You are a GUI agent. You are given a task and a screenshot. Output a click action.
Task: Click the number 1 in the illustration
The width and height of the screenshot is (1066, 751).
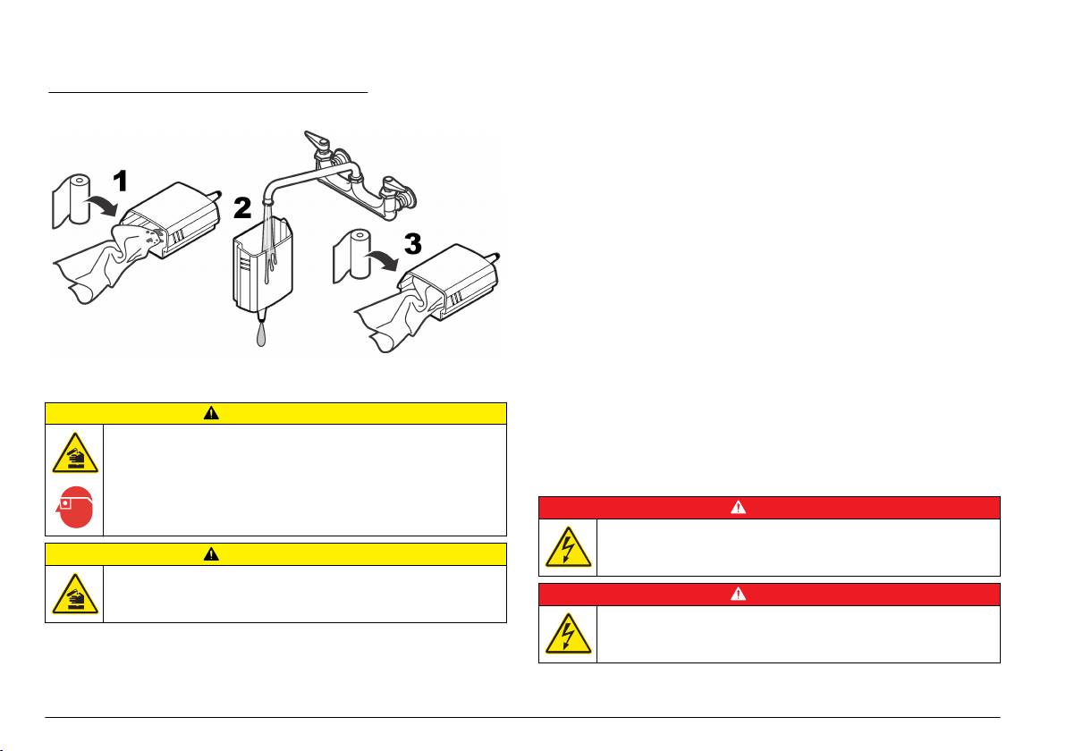(121, 181)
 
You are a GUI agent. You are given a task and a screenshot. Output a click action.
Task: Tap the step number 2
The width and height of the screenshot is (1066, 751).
(242, 208)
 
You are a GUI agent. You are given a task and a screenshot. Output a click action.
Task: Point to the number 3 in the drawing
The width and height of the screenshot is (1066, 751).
(412, 244)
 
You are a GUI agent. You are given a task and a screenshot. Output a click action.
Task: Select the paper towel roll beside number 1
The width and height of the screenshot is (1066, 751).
(72, 201)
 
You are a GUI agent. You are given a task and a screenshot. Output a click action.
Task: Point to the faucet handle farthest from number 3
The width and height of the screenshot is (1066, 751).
(317, 140)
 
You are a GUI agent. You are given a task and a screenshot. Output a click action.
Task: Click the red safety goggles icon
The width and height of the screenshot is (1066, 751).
(74, 507)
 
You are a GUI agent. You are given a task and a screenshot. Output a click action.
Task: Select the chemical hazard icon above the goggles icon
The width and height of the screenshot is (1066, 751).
(75, 453)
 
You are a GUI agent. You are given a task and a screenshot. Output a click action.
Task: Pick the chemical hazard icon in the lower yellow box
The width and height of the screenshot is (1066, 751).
(75, 594)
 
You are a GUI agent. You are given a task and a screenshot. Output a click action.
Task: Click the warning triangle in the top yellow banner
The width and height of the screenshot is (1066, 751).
(211, 413)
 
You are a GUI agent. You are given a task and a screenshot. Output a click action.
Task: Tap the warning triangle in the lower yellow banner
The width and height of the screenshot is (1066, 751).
(211, 554)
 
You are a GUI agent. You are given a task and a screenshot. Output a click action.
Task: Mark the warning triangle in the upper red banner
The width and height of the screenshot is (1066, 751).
(739, 507)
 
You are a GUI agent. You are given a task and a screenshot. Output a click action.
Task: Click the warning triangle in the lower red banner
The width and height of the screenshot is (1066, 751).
(739, 594)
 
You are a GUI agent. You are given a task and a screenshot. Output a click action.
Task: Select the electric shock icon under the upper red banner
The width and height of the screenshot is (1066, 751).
(569, 547)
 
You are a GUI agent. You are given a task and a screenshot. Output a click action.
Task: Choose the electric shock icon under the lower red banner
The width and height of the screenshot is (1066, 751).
(569, 633)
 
